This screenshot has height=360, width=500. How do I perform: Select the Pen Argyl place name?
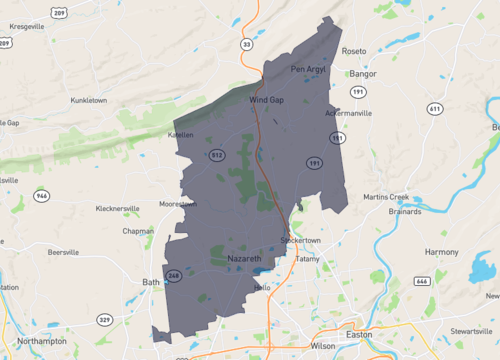pyautogui.click(x=304, y=69)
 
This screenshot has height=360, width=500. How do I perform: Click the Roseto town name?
pyautogui.click(x=354, y=50)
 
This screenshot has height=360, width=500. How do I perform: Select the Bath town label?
pyautogui.click(x=151, y=282)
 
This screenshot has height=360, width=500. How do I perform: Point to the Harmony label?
pyautogui.click(x=441, y=252)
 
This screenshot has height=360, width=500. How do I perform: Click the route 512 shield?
pyautogui.click(x=217, y=155)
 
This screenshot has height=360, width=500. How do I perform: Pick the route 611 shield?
pyautogui.click(x=434, y=107)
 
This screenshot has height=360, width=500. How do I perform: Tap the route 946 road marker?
pyautogui.click(x=41, y=195)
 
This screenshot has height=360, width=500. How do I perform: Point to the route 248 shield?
pyautogui.click(x=173, y=275)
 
